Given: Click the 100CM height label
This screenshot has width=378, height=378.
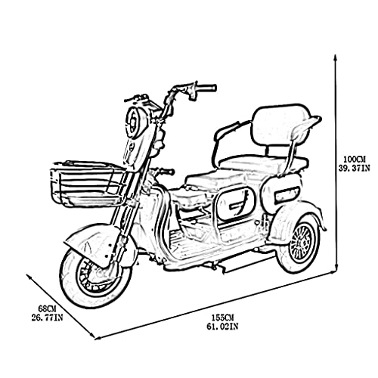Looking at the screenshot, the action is [355, 160].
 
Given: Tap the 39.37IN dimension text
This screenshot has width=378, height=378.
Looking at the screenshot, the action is [354, 168].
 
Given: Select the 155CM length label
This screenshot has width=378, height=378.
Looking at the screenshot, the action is [222, 318].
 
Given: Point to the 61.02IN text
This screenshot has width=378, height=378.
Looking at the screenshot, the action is [222, 327].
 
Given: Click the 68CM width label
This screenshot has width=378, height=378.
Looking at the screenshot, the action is [47, 308].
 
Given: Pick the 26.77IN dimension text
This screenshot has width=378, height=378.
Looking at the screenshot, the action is [47, 318].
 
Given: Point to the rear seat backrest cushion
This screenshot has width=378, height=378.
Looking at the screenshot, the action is [281, 125].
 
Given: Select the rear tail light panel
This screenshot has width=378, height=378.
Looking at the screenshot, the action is [287, 192].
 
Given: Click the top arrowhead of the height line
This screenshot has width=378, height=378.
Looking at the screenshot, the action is [335, 57].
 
